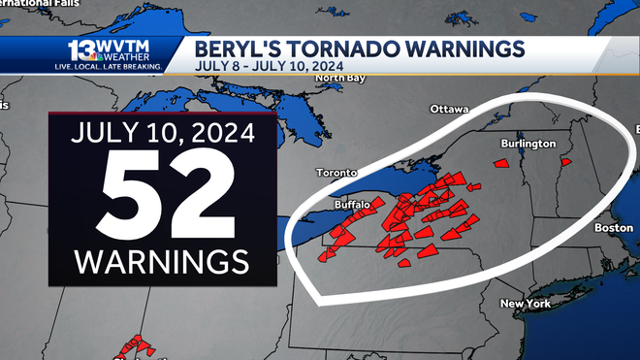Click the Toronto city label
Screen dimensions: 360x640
(336, 173)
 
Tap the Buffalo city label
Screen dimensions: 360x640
(352, 205)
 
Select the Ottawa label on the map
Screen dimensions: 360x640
(449, 109)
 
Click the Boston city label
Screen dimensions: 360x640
(613, 227)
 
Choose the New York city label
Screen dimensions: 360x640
(525, 304)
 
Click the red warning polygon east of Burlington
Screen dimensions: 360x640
(567, 161)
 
